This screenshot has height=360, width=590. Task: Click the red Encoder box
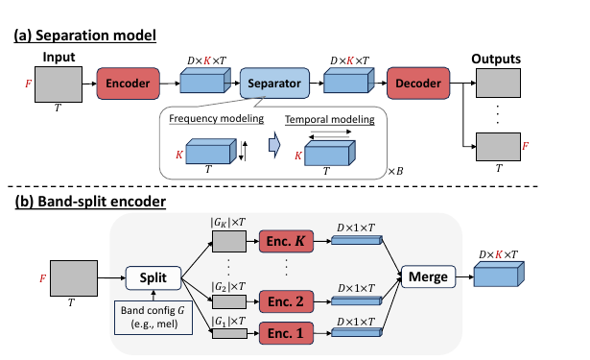pos(128,84)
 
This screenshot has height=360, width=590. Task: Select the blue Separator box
pos(274,84)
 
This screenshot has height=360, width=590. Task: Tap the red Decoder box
pos(418,84)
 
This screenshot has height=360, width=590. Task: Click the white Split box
pos(153,277)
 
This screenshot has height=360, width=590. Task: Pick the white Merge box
pos(428,276)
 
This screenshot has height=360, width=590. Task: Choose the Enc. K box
pos(286,241)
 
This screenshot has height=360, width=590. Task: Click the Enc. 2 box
pos(286,301)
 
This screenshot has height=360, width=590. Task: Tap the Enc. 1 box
pos(286,333)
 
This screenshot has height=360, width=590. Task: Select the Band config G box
pos(153,318)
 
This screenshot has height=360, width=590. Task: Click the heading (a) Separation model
pos(85,35)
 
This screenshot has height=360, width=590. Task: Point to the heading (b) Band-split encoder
pos(90,202)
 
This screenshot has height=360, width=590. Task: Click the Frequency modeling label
pos(217,119)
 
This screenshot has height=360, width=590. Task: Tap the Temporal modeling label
pos(330,119)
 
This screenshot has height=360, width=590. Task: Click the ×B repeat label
pos(395,171)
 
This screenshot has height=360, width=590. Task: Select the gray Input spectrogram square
pos(59,84)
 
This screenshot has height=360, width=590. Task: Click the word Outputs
pos(496,59)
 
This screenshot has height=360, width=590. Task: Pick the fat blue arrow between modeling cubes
pos(274,145)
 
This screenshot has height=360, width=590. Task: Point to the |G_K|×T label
pos(228,223)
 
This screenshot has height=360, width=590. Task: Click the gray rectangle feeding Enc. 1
pos(230,333)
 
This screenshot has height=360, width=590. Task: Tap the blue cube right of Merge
pos(499,275)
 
